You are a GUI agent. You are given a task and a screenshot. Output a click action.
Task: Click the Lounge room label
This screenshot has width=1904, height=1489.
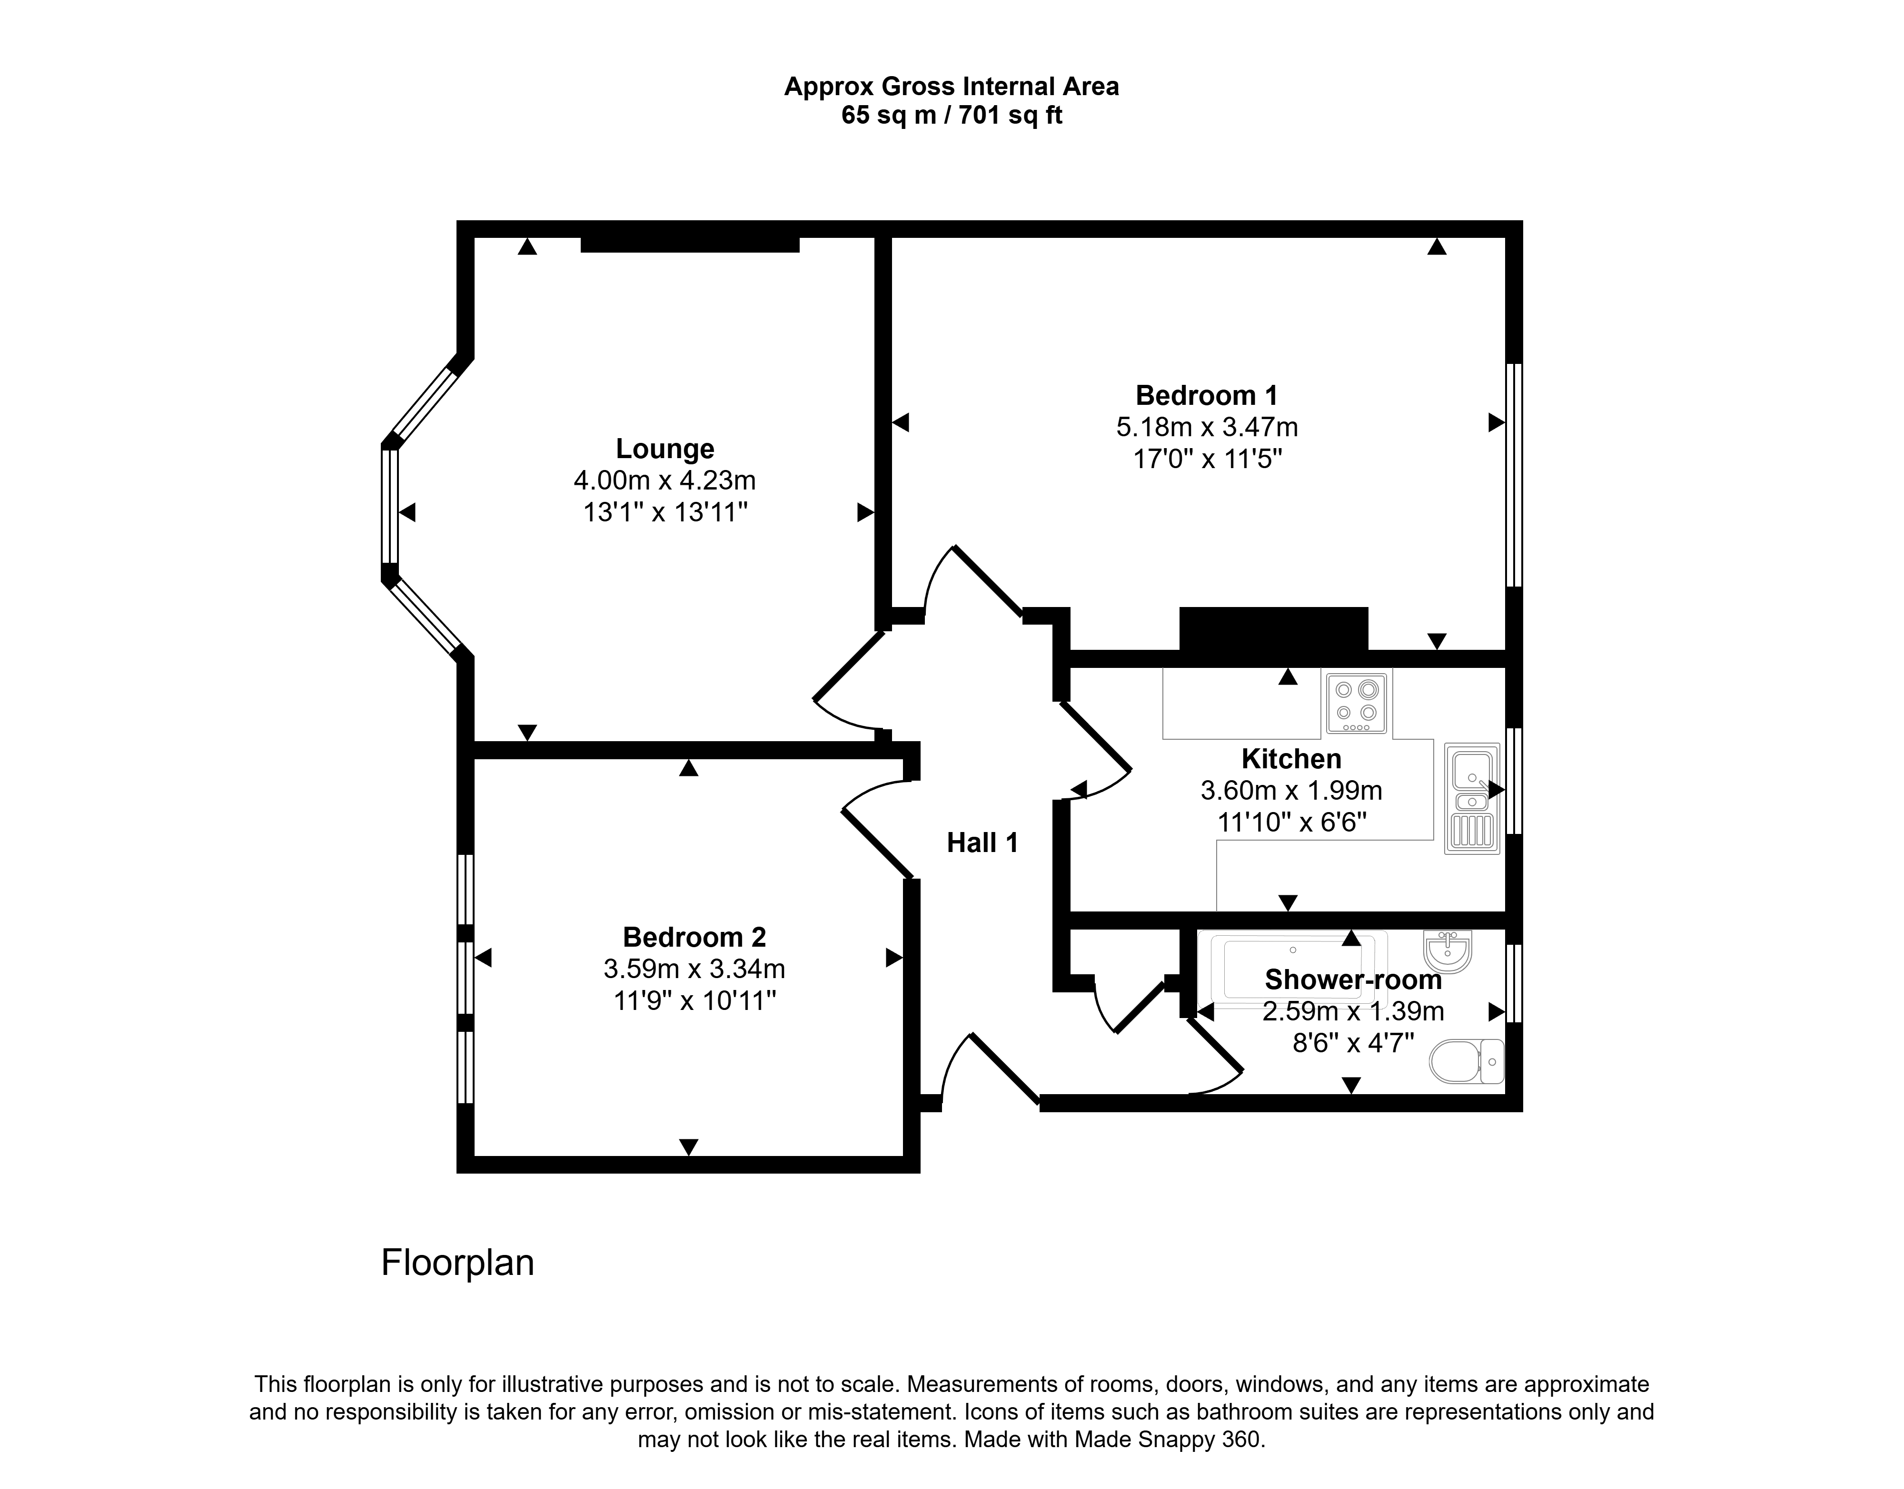[x=664, y=449]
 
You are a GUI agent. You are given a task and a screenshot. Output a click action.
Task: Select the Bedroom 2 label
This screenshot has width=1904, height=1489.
[x=694, y=937]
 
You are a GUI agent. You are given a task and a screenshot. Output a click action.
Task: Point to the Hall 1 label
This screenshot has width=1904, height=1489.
[x=982, y=843]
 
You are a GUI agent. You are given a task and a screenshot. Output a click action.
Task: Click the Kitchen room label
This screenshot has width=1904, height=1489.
[x=1291, y=759]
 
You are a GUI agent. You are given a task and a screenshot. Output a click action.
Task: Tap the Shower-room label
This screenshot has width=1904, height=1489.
[x=1353, y=980]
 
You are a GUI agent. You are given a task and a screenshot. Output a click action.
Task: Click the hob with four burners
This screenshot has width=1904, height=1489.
[x=1356, y=703]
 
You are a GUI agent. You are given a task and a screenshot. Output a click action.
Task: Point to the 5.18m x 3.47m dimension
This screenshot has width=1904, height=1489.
[x=1207, y=427]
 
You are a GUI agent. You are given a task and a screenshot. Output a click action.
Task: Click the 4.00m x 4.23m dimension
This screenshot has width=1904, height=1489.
[x=664, y=480]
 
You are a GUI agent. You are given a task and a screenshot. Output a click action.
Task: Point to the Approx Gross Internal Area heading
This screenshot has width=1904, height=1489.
[x=952, y=87]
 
